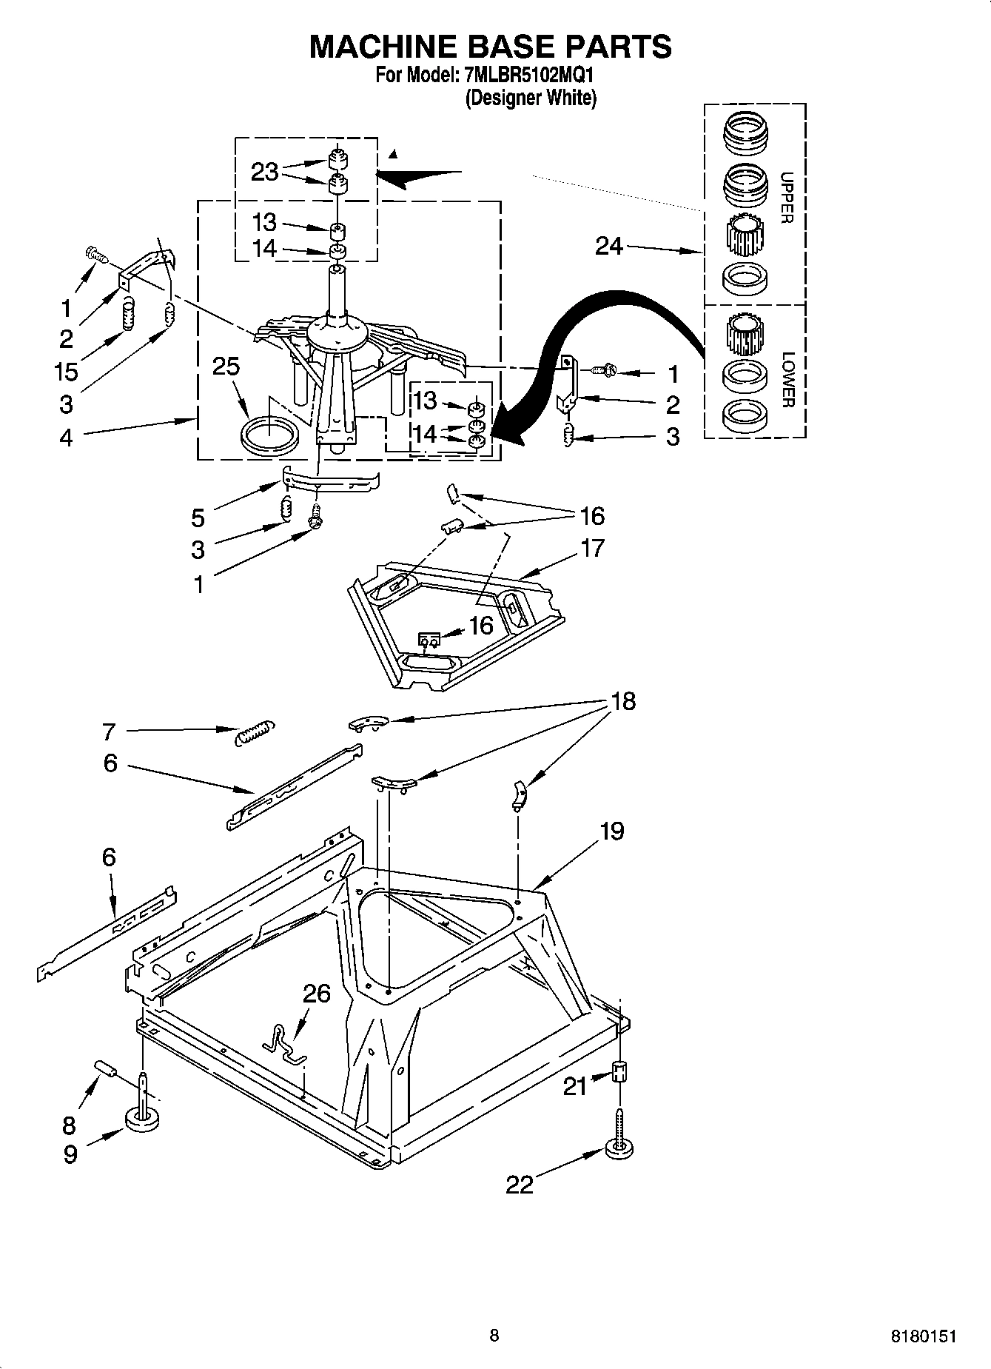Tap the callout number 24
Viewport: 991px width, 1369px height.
(609, 246)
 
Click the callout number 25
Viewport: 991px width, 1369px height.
(226, 366)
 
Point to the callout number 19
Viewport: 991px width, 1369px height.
(611, 831)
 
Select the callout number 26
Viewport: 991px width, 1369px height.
(317, 993)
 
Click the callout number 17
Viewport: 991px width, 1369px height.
(592, 548)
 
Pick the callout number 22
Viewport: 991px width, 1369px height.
(520, 1185)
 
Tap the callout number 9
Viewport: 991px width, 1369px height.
(70, 1154)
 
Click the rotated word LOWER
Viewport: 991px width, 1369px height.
(787, 379)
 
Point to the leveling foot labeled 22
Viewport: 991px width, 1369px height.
(620, 1148)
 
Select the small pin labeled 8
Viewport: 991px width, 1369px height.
(106, 1070)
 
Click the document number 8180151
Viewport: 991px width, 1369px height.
(925, 1336)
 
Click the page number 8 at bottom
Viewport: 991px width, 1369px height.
(494, 1336)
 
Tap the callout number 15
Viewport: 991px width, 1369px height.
(67, 370)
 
